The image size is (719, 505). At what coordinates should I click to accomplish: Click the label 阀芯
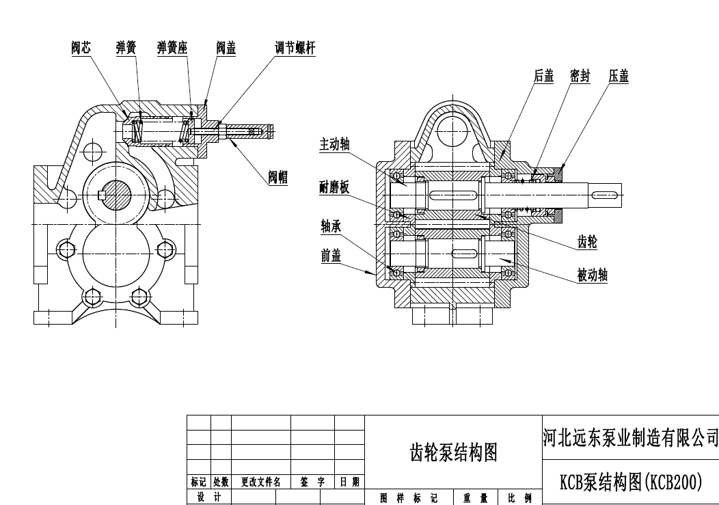tap(81, 48)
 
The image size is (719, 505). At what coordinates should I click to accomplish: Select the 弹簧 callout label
tap(126, 48)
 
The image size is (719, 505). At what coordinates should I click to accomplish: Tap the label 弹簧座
tap(172, 48)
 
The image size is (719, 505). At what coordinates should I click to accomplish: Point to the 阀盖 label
tap(226, 48)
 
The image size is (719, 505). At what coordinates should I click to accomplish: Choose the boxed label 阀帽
tap(277, 178)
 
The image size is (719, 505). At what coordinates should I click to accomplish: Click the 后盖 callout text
tap(544, 76)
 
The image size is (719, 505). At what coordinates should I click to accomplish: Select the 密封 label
tap(580, 76)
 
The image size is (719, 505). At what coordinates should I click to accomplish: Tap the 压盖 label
tap(619, 76)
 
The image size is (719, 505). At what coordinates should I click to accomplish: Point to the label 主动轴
tap(335, 144)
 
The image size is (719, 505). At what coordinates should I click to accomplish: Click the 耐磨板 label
tap(335, 187)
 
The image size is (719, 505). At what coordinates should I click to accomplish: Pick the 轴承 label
tap(331, 226)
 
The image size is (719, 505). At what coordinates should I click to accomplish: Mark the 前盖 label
tap(331, 256)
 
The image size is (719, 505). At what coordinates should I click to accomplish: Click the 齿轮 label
tap(588, 241)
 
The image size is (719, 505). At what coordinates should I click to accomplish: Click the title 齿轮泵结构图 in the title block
tap(453, 452)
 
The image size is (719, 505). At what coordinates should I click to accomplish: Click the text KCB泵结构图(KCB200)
tap(631, 482)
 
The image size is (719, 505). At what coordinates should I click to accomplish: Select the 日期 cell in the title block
tap(349, 482)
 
